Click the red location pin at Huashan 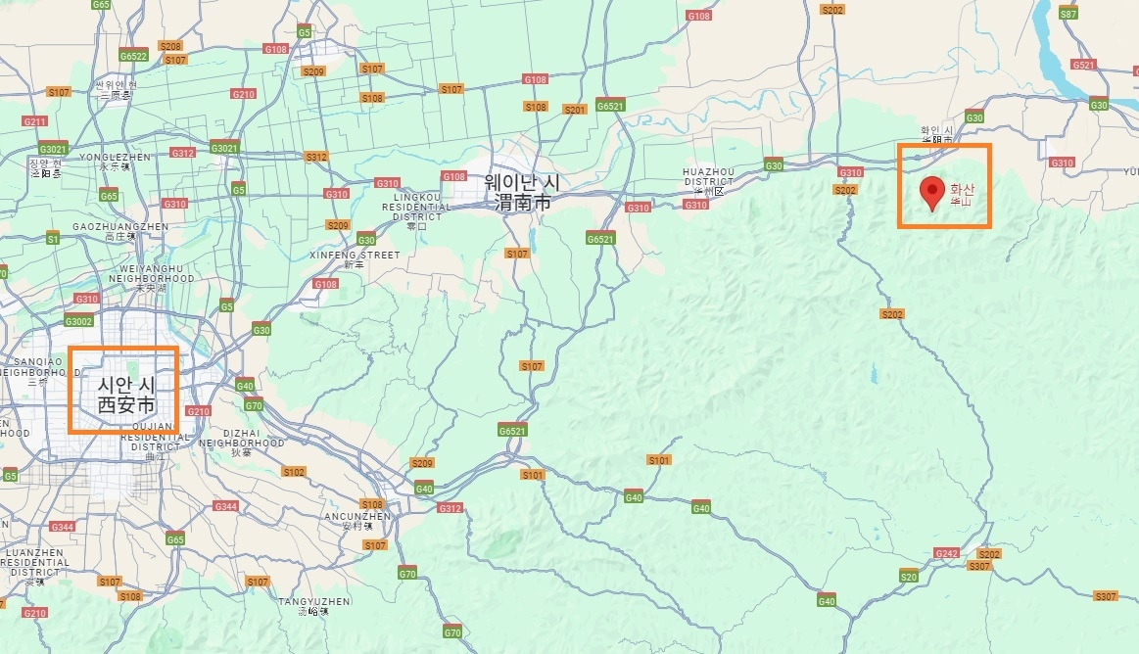tap(932, 192)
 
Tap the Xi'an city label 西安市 tap(125, 404)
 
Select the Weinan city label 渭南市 tap(522, 202)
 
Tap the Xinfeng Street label tap(355, 256)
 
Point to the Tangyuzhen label tap(314, 601)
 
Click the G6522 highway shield tap(133, 56)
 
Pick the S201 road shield tap(574, 110)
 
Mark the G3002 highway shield tap(78, 321)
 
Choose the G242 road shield tap(946, 554)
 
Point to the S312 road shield tap(315, 157)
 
